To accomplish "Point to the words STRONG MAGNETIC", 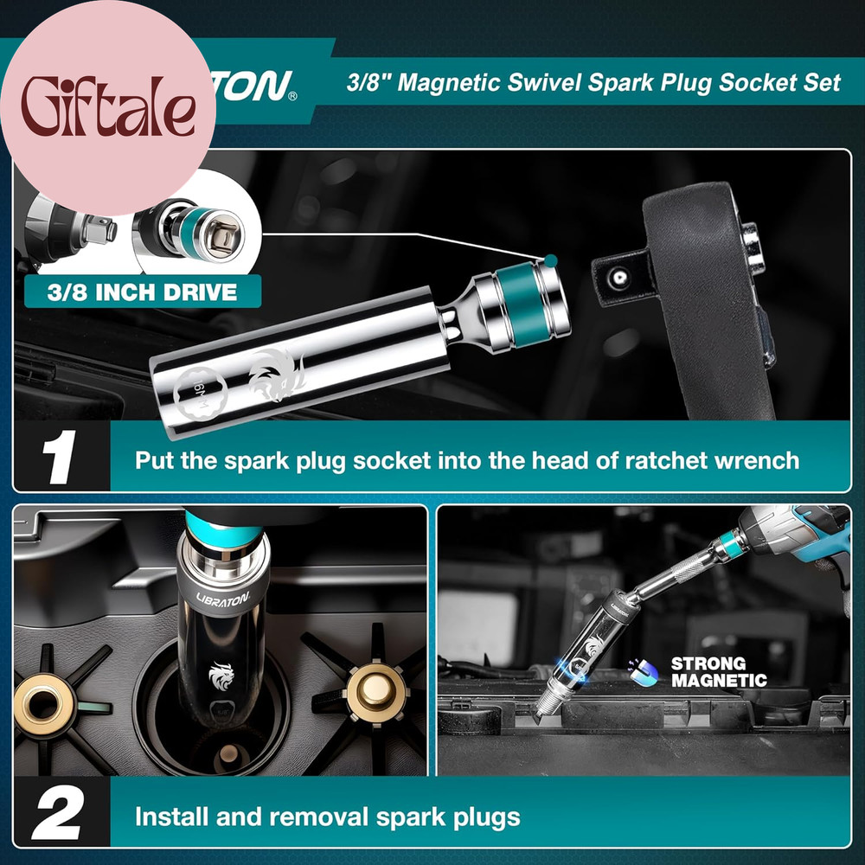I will tap(719, 672).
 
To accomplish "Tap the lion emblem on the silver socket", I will tap(275, 374).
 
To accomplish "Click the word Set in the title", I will tap(818, 84).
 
